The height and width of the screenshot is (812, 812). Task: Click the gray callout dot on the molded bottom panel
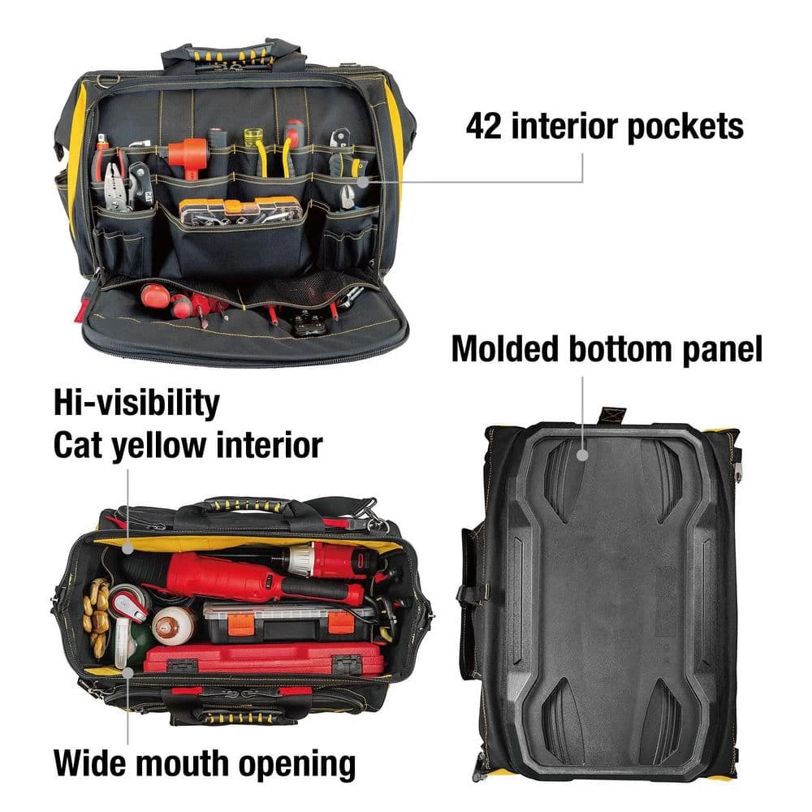tap(582, 455)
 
